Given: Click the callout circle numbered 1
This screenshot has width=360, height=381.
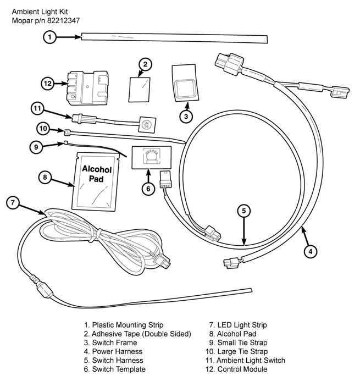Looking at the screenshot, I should tap(49, 37).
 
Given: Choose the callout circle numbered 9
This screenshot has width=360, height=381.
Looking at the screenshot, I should tap(35, 146).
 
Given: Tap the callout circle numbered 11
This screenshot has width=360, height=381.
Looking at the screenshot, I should tap(37, 108).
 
